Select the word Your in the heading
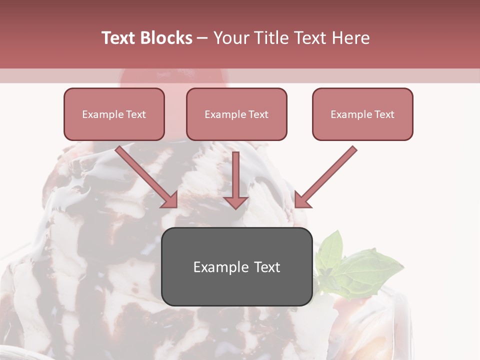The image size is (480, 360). pos(230,38)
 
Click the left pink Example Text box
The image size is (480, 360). pos(114,114)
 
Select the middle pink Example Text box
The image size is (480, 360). pos(236,114)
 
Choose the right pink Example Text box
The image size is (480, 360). pos(362,114)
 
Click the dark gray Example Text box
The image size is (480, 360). pos(236,267)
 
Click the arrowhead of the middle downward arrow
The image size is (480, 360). pos(236,202)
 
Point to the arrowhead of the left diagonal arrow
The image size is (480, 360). pos(170,200)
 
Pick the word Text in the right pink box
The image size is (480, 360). pos(384,114)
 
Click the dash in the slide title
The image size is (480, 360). pos(202,38)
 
